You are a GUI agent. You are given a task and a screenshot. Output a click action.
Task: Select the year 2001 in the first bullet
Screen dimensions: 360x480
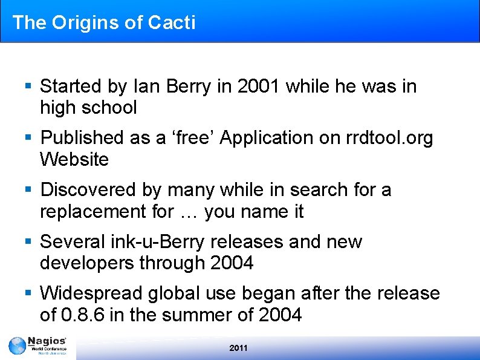point(259,87)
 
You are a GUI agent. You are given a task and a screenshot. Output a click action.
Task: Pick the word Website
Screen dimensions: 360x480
point(74,160)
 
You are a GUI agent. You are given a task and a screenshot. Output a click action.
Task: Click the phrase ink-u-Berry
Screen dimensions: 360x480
point(158,242)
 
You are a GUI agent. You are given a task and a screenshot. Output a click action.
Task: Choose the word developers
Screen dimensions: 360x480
point(87,264)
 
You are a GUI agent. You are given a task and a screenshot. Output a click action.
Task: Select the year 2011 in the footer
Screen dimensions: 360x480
point(238,348)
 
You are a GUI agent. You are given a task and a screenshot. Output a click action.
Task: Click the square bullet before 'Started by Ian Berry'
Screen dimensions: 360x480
point(28,86)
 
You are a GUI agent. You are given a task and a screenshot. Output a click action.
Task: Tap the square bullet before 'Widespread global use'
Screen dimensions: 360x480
point(28,293)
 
